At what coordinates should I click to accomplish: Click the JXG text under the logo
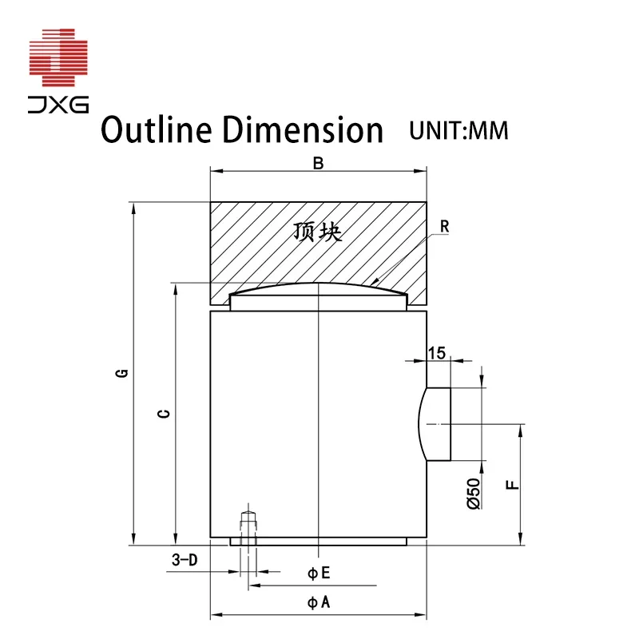click(60, 102)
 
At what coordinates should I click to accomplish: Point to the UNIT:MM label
click(458, 130)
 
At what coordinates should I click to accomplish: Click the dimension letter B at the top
click(318, 163)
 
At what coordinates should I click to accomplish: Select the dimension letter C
click(162, 412)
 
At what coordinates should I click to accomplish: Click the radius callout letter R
click(445, 227)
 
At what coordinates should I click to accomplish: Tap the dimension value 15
click(436, 352)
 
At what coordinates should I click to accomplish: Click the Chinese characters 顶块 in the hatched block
click(318, 232)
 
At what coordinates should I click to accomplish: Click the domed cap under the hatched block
click(318, 297)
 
